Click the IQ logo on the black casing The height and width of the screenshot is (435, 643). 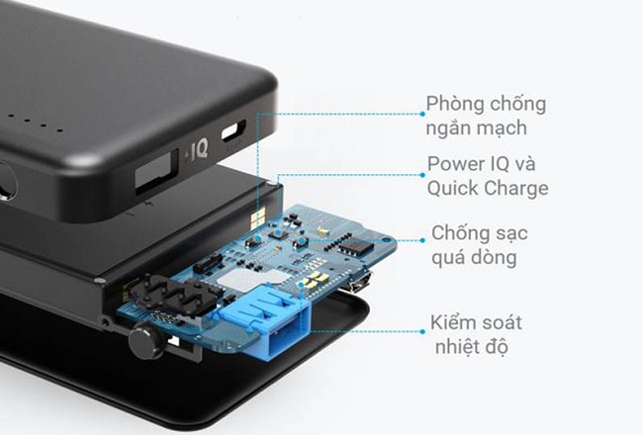(x=197, y=152)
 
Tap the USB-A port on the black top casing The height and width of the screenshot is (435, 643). (x=155, y=175)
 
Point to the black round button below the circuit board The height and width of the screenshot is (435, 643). (x=147, y=342)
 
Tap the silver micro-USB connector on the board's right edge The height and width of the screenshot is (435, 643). (x=360, y=284)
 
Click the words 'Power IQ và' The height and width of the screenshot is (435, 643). (x=481, y=164)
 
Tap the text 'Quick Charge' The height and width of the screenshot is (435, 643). (x=488, y=188)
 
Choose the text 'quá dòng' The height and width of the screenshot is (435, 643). (x=470, y=259)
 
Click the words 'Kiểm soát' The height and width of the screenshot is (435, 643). (x=475, y=323)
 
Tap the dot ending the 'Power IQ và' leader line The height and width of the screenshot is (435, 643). (x=420, y=175)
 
